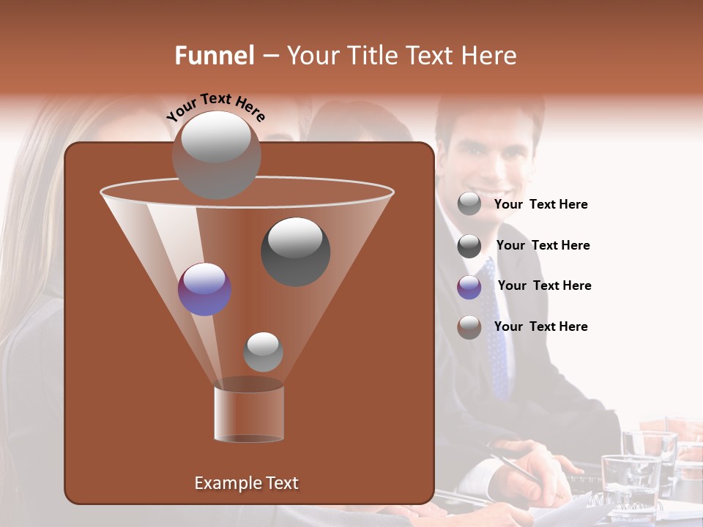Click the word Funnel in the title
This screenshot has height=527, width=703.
pyautogui.click(x=214, y=56)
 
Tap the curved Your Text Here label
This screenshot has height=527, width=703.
pyautogui.click(x=215, y=107)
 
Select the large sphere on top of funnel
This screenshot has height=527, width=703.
pyautogui.click(x=216, y=154)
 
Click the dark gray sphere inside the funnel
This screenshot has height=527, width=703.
pyautogui.click(x=295, y=251)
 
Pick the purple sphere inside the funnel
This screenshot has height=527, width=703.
pyautogui.click(x=204, y=289)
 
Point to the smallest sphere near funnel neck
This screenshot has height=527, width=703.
pyautogui.click(x=263, y=351)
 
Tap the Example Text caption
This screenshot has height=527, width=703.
pyautogui.click(x=246, y=483)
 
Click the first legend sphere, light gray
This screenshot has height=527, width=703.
pyautogui.click(x=469, y=204)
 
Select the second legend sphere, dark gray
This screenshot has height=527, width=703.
pyautogui.click(x=469, y=246)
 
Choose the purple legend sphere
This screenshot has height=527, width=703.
pyautogui.click(x=469, y=287)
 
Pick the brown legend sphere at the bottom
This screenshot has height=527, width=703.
pyautogui.click(x=469, y=327)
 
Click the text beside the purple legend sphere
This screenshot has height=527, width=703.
pyautogui.click(x=544, y=285)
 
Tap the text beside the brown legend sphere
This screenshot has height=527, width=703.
pyautogui.click(x=540, y=326)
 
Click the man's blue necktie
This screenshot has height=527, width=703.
pyautogui.click(x=496, y=329)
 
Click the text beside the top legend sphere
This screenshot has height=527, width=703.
pyautogui.click(x=540, y=204)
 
